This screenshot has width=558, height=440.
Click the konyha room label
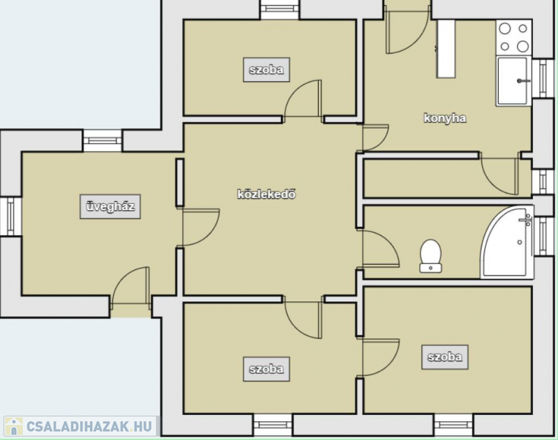click(445, 118)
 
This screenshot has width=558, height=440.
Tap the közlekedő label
click(266, 194)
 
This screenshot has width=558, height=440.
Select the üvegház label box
click(110, 207)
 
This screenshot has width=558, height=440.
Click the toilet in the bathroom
click(430, 256)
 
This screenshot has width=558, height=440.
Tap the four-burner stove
click(514, 38)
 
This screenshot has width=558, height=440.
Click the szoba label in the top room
click(266, 70)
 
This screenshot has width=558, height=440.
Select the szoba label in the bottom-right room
click(445, 357)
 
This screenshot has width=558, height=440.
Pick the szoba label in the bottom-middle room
click(266, 369)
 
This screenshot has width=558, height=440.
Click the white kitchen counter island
click(446, 49)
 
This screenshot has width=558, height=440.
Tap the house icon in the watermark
click(13, 426)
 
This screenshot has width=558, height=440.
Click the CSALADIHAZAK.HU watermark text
click(89, 427)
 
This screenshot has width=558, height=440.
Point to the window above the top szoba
click(280, 10)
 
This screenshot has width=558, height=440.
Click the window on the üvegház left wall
click(10, 217)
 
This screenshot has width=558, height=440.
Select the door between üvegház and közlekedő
click(198, 227)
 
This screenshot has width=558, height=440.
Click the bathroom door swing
click(378, 248)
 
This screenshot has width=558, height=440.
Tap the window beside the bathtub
click(543, 236)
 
